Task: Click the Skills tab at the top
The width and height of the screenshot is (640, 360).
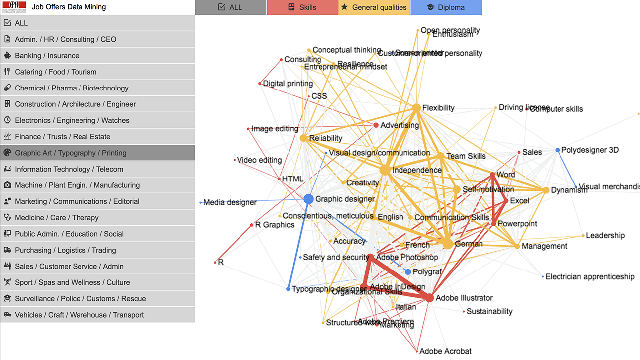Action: click(303, 7)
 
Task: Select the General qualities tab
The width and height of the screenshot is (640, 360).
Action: click(374, 7)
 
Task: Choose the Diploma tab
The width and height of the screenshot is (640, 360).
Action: click(446, 7)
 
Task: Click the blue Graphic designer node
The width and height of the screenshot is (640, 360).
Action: click(309, 199)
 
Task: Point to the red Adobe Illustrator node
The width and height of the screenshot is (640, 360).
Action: click(429, 298)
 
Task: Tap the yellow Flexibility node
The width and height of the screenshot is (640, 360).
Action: click(416, 108)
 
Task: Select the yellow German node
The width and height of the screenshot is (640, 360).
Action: click(448, 244)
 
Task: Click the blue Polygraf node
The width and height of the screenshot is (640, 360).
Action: click(408, 272)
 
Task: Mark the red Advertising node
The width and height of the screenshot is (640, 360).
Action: click(376, 125)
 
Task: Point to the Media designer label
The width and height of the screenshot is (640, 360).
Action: click(230, 202)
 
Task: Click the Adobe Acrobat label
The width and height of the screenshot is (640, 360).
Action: click(445, 351)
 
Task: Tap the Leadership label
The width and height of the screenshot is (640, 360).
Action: click(605, 235)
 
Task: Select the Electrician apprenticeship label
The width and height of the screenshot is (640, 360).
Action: click(589, 276)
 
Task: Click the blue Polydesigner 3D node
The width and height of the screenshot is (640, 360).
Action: click(558, 150)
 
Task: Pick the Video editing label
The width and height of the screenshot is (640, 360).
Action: click(259, 160)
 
